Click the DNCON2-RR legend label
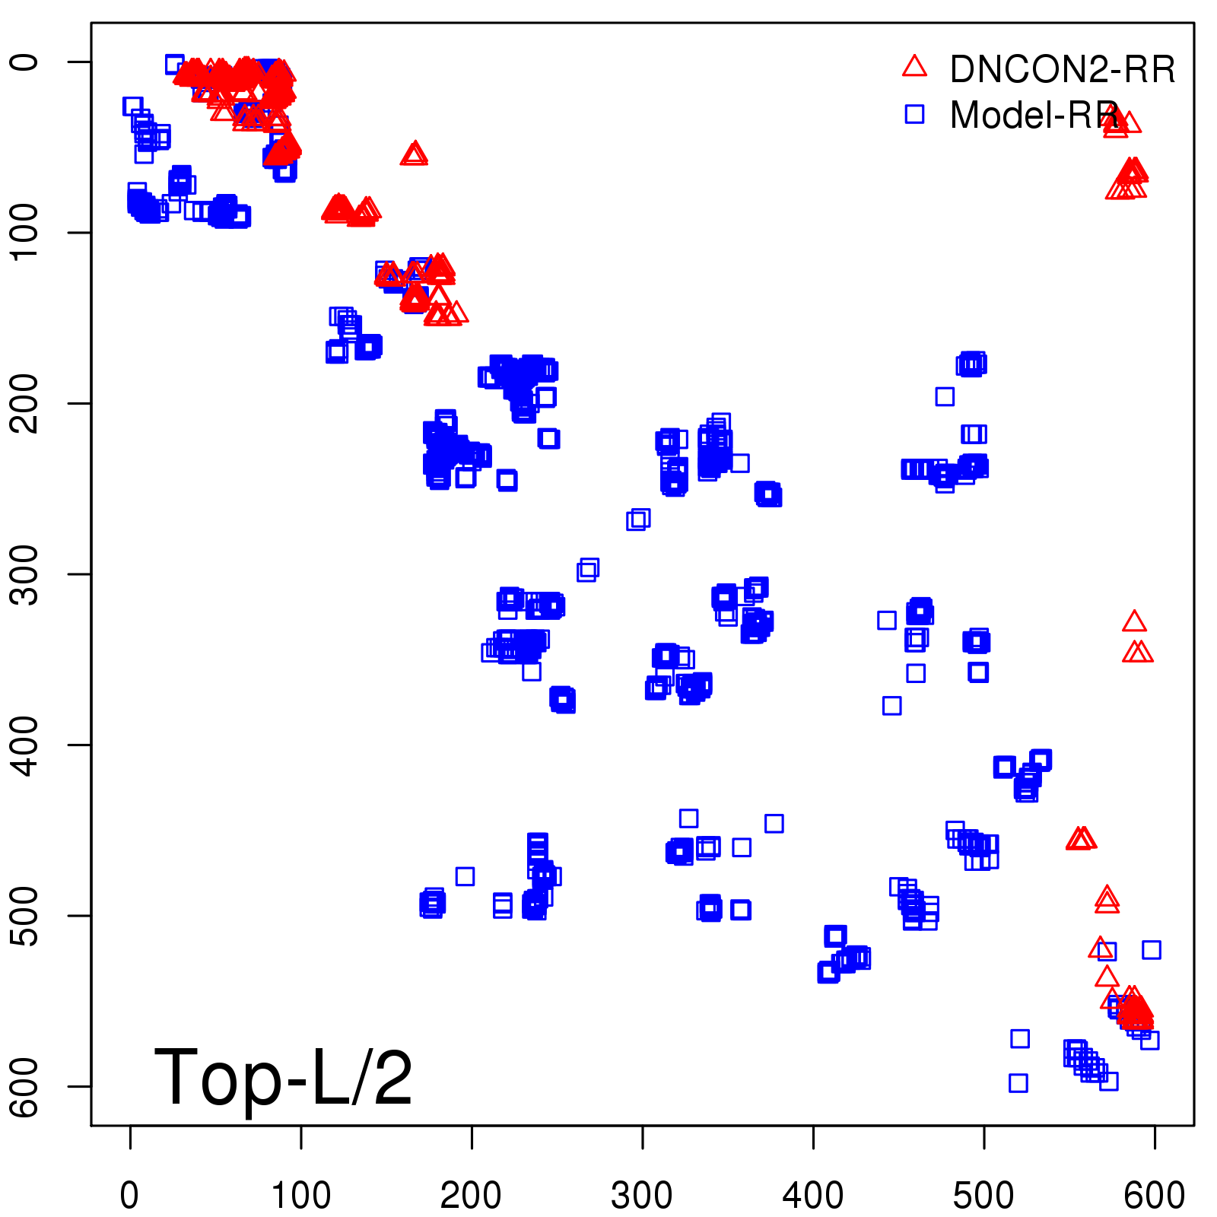[x=1062, y=69]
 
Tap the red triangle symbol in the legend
[x=914, y=67]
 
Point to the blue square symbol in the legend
[x=914, y=114]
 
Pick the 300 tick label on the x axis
[x=642, y=1195]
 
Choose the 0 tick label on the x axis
[x=130, y=1195]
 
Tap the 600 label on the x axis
[x=1154, y=1195]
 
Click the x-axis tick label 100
[x=301, y=1195]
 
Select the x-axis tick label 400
[x=813, y=1195]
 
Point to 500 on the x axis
[x=983, y=1195]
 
